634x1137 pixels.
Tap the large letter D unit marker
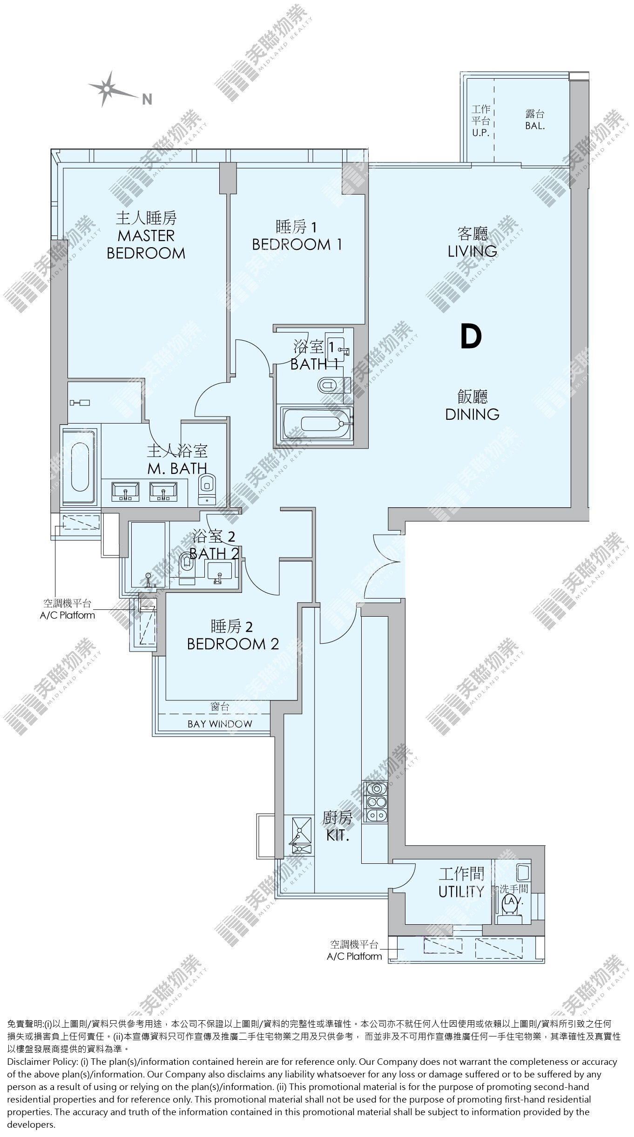click(x=471, y=337)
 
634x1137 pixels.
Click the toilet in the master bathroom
click(x=207, y=488)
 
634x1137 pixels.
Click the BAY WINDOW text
click(x=220, y=724)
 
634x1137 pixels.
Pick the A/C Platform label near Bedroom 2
click(x=67, y=610)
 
